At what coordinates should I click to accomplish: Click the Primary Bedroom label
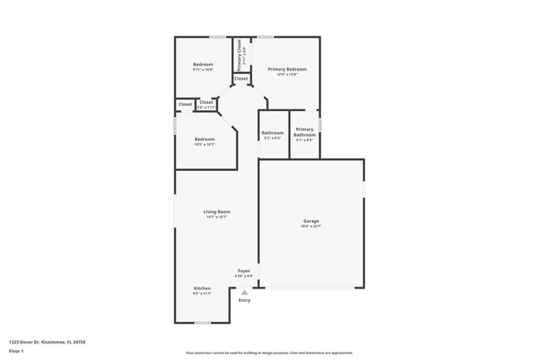click(x=287, y=69)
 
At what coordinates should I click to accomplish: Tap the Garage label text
click(x=311, y=221)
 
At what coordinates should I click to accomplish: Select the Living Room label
click(x=216, y=212)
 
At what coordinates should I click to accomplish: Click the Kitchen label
click(x=202, y=288)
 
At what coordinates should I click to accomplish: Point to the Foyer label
click(x=244, y=270)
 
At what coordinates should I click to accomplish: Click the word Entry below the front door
click(x=244, y=300)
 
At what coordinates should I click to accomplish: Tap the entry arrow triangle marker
click(x=244, y=292)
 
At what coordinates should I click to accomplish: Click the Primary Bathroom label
click(x=304, y=132)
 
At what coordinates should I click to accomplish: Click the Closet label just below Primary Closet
click(x=240, y=79)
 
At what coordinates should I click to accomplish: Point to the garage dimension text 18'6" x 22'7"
click(x=311, y=226)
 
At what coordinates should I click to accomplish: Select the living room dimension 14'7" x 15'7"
click(x=216, y=217)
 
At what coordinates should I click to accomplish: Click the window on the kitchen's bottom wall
click(x=202, y=323)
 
